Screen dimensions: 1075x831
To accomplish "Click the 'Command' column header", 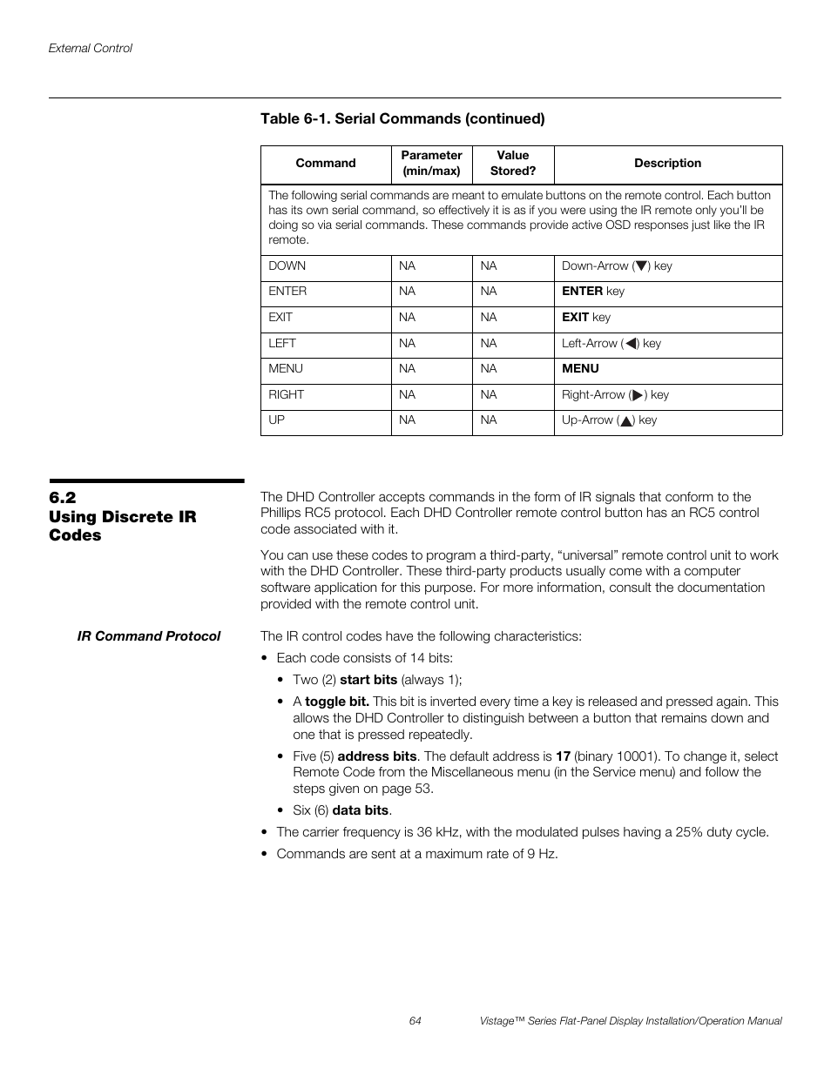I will (x=325, y=163).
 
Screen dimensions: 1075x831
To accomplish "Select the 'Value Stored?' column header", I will (x=512, y=163).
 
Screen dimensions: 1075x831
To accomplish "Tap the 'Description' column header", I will (x=667, y=163).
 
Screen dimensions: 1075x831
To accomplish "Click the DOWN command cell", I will (x=287, y=266).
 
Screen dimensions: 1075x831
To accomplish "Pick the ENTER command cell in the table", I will (x=287, y=292).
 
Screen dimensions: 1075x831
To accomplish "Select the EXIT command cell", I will (x=280, y=318).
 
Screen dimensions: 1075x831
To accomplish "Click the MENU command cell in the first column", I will (x=286, y=369).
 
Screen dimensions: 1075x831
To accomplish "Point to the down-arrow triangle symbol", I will (x=642, y=266).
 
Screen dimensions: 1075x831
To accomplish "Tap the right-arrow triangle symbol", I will (x=638, y=395).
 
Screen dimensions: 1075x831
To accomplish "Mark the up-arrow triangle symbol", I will (x=625, y=420).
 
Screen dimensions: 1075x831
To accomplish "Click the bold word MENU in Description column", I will (x=580, y=369).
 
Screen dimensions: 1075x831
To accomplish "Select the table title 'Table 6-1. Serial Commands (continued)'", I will (x=402, y=118).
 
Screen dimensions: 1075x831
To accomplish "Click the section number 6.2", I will (x=63, y=497).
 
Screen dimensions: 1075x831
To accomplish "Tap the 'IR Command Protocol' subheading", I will (x=149, y=636).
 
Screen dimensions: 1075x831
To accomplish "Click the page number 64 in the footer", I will (x=415, y=1021).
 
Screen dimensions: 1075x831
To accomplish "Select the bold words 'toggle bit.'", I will (x=337, y=702).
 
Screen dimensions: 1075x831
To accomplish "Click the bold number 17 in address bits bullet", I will (x=563, y=756).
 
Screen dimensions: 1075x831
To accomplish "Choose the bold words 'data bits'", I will (x=361, y=810).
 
